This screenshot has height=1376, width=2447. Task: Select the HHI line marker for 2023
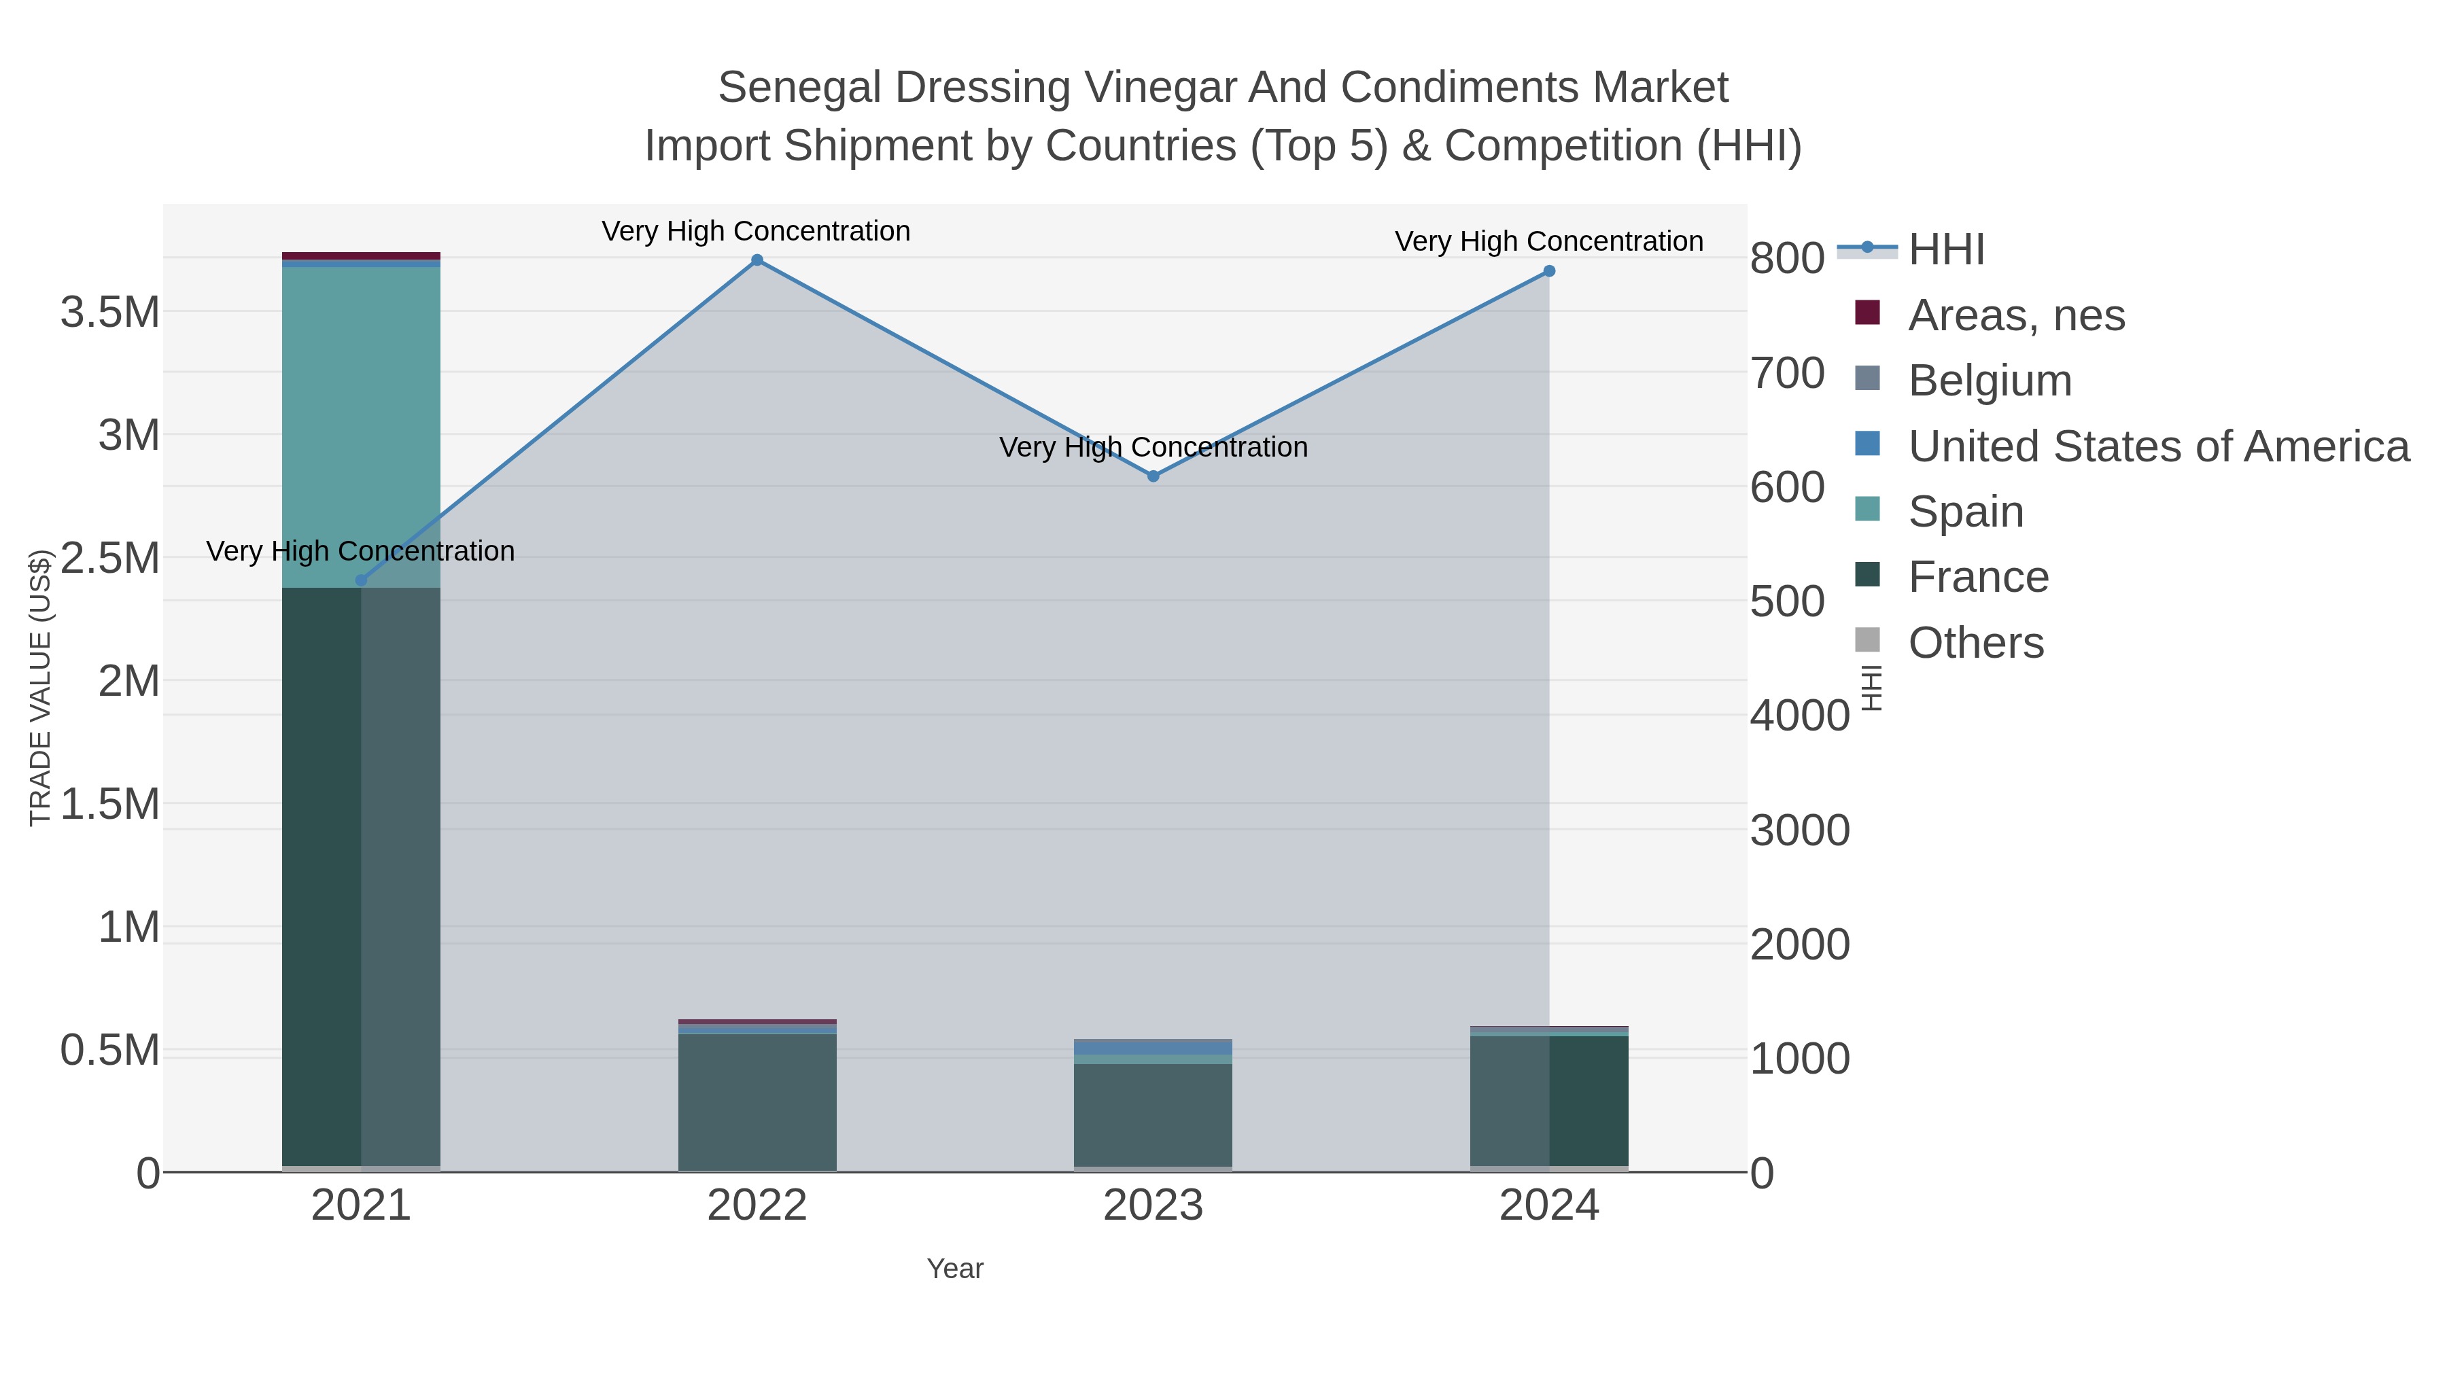coord(1153,476)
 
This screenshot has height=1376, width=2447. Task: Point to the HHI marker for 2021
coord(361,580)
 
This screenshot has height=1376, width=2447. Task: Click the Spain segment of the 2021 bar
coord(361,427)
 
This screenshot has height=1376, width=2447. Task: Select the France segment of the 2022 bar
coord(757,1101)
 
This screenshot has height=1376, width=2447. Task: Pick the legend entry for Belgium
coord(1989,381)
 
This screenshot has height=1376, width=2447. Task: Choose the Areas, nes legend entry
coord(2016,315)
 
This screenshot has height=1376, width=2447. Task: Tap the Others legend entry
coord(1975,643)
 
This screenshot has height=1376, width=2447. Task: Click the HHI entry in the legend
coord(1945,250)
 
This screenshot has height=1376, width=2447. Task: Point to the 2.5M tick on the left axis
coord(109,559)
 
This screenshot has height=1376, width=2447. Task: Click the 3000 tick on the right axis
coord(1799,831)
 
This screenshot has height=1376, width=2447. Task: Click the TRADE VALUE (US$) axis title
coord(40,688)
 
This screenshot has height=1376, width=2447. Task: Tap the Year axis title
coord(955,1269)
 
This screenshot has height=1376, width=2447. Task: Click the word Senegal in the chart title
coord(799,88)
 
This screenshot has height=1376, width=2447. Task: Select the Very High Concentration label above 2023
coord(1153,447)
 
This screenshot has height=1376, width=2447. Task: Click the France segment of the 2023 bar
coord(1153,1116)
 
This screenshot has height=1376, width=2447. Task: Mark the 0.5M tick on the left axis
coord(109,1051)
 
